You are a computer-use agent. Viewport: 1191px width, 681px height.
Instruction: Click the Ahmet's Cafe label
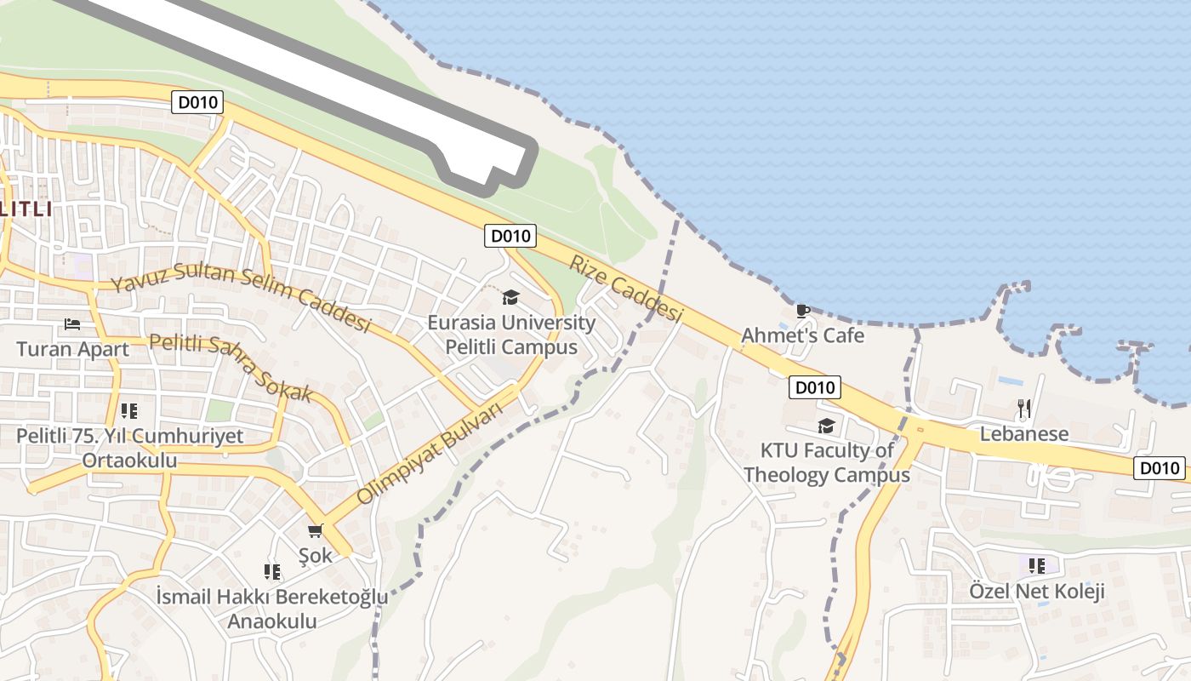802,335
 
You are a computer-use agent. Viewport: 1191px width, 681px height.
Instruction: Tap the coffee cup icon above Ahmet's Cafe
802,312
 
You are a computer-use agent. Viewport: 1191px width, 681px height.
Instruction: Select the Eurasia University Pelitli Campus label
511,335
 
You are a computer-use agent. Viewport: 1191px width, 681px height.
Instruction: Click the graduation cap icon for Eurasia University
510,297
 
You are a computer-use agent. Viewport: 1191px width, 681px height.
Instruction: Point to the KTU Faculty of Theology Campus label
827,462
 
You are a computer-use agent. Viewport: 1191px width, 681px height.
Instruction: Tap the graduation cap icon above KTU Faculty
826,426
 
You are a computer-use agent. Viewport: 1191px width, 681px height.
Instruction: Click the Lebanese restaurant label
1024,433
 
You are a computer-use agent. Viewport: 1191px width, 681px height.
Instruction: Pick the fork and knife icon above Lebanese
1024,409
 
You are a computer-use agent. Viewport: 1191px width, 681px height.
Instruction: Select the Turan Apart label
73,349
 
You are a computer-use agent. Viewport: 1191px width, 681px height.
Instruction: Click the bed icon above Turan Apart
72,324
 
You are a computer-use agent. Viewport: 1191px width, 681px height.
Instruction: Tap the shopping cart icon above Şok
316,531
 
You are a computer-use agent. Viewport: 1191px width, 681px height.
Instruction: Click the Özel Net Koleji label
1037,591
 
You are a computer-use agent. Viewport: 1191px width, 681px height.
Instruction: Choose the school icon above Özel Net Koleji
1036,565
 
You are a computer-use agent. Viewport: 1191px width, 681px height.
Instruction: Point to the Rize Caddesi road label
625,289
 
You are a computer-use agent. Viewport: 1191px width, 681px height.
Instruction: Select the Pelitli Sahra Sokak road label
231,368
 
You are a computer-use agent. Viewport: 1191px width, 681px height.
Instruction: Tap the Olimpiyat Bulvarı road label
429,453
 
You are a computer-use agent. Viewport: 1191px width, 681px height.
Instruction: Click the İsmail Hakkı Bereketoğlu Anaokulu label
272,609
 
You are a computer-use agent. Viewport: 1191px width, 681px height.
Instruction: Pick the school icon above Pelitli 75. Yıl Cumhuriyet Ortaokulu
129,412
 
